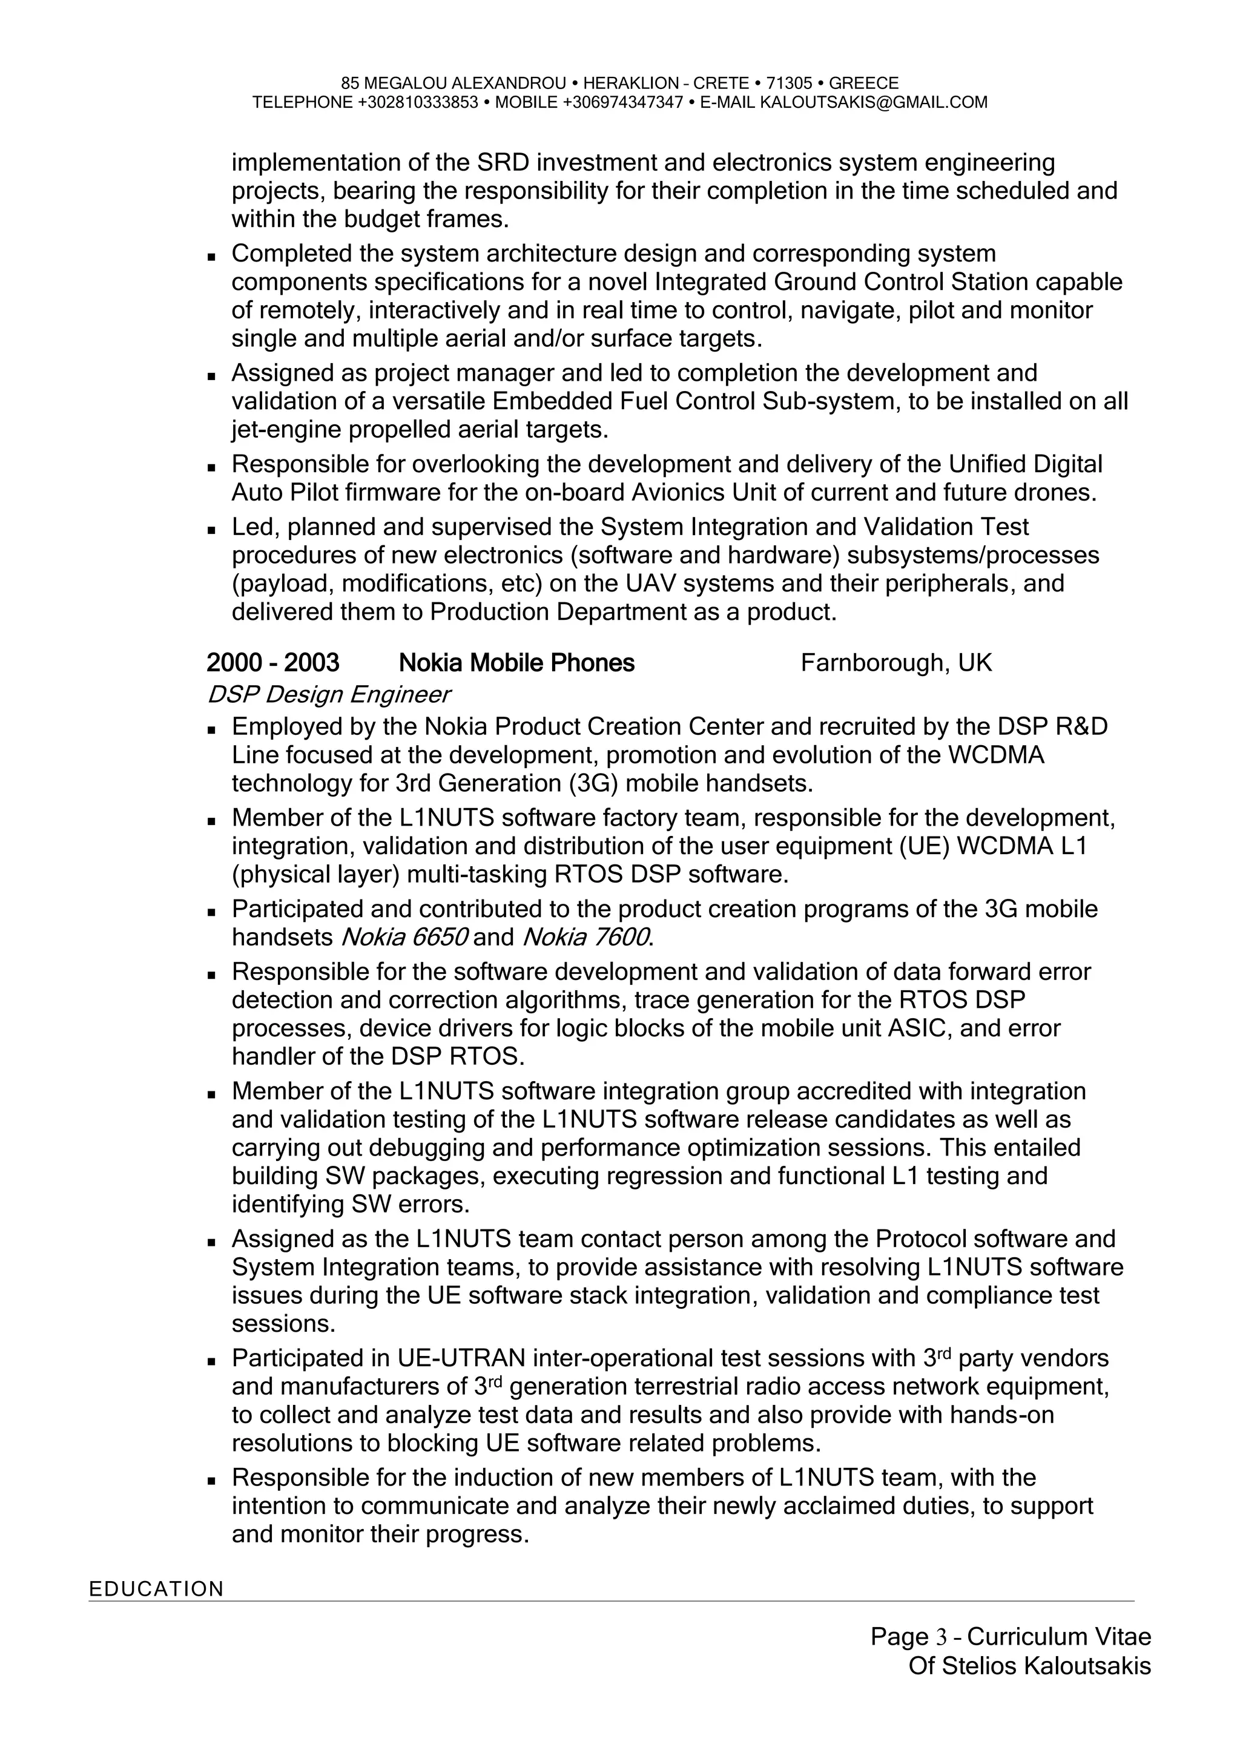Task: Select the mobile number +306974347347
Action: tap(622, 102)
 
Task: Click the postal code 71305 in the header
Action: tap(789, 83)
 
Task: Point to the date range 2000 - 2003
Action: tap(272, 663)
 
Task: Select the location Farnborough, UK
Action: tap(897, 663)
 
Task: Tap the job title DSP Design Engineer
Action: tap(328, 695)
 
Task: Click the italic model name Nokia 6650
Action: tap(404, 937)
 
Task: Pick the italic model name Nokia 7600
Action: tap(585, 937)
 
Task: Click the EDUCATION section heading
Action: tap(157, 1589)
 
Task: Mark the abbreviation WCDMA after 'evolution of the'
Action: tap(995, 755)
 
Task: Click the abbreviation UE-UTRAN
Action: tap(461, 1358)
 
